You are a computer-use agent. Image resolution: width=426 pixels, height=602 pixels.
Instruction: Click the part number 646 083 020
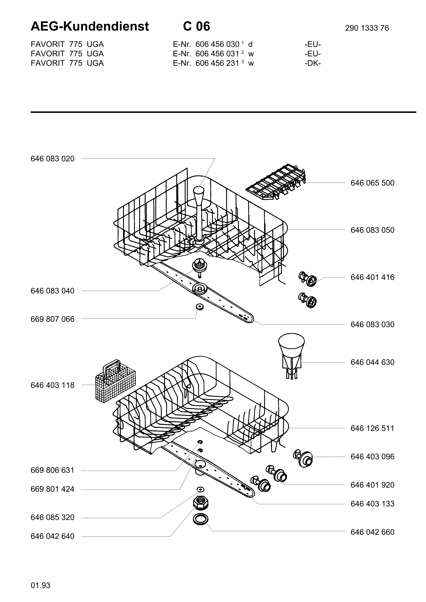tap(52, 159)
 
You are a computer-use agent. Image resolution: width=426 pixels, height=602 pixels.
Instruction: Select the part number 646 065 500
tap(372, 183)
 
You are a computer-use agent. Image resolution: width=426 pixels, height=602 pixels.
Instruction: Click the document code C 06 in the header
tap(197, 26)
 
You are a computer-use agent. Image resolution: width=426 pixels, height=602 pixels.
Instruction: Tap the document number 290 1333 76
tap(367, 28)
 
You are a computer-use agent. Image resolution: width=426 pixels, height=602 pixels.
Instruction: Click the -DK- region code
tap(313, 63)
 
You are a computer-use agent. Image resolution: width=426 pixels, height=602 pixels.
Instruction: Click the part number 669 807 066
tap(52, 319)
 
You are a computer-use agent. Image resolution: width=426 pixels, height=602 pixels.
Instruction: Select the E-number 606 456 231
tap(217, 63)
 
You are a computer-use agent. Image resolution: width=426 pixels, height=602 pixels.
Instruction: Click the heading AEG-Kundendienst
tap(90, 26)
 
